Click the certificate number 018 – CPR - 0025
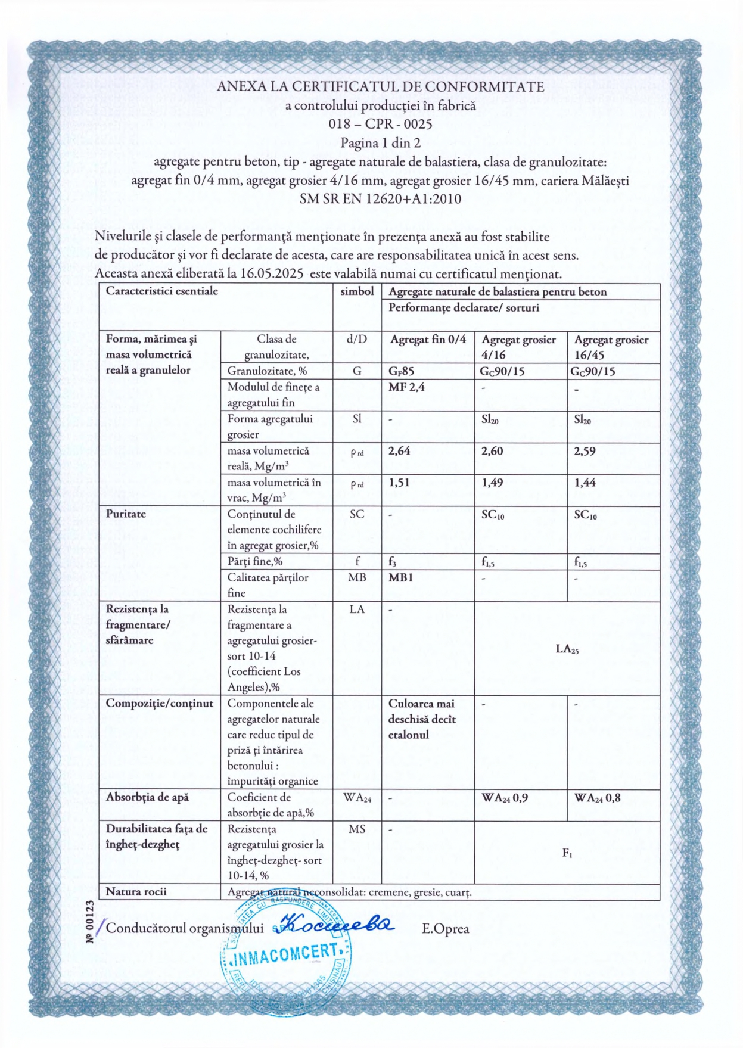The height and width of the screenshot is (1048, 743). pyautogui.click(x=380, y=124)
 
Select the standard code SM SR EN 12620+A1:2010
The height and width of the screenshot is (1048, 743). pyautogui.click(x=380, y=199)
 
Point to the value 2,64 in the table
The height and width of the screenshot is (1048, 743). pyautogui.click(x=399, y=451)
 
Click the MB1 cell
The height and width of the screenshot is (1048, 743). pyautogui.click(x=400, y=577)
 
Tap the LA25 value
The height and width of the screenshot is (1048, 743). pyautogui.click(x=567, y=649)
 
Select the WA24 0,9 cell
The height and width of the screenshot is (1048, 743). pyautogui.click(x=504, y=798)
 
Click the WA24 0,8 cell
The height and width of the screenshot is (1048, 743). pyautogui.click(x=597, y=798)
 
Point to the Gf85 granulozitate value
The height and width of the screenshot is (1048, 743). pyautogui.click(x=401, y=371)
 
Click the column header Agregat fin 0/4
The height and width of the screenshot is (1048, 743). pyautogui.click(x=428, y=340)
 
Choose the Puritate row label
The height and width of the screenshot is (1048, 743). pyautogui.click(x=126, y=514)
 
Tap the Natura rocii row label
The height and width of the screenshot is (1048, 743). pyautogui.click(x=136, y=891)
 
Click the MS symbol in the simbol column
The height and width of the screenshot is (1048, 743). pyautogui.click(x=357, y=829)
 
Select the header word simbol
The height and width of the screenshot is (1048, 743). pyautogui.click(x=357, y=291)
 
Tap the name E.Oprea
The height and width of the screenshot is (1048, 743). pyautogui.click(x=445, y=929)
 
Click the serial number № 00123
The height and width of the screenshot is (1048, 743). pyautogui.click(x=90, y=922)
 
